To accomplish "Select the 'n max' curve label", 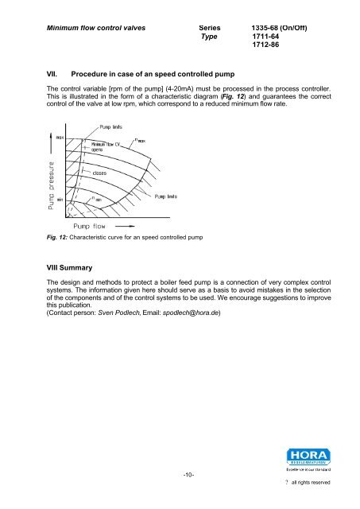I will pyautogui.click(x=145, y=140).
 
